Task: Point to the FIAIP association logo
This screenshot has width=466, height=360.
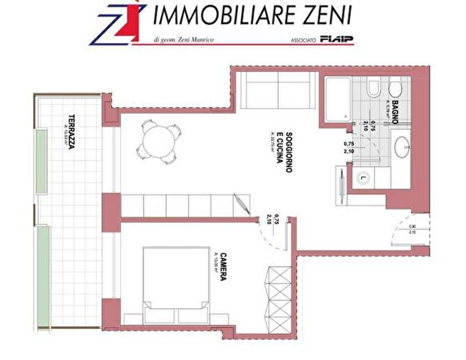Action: [x=338, y=40]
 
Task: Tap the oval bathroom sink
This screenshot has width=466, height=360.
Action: [x=401, y=147]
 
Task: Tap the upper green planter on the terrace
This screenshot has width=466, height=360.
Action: [x=42, y=160]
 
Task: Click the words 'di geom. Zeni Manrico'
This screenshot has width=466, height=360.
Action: [x=185, y=40]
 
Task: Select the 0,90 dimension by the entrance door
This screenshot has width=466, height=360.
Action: [x=412, y=227]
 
